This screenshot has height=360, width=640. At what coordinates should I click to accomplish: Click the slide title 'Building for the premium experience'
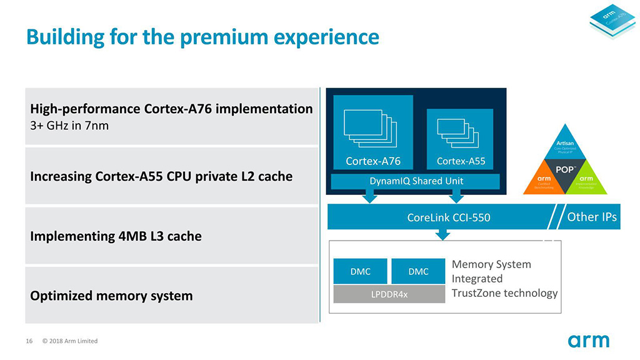tap(202, 36)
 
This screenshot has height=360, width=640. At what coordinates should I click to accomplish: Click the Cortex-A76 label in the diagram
tap(373, 161)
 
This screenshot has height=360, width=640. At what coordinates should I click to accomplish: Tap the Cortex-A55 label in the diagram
tap(461, 161)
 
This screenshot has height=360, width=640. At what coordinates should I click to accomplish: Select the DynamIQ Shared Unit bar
tap(415, 181)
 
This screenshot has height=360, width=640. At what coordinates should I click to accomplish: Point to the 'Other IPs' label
tap(591, 217)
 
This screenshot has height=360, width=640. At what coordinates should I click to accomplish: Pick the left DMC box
tap(360, 271)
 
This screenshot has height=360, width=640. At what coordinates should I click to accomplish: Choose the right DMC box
tap(418, 271)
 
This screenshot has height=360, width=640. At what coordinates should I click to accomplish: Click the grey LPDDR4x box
tap(389, 294)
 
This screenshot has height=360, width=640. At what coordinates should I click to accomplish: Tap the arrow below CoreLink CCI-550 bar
tap(442, 234)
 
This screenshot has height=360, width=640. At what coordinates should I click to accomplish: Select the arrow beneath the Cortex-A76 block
tap(370, 196)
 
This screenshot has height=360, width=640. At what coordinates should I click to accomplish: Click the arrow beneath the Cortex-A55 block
tap(456, 196)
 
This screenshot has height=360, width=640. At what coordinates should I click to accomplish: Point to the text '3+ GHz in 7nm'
tap(69, 126)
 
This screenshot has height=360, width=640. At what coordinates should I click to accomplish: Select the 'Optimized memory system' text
tap(111, 296)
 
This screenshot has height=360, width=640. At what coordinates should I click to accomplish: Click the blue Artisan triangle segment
tap(565, 147)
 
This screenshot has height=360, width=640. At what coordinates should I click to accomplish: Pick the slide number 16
tap(29, 341)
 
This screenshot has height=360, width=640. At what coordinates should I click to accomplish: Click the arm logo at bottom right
tap(588, 341)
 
